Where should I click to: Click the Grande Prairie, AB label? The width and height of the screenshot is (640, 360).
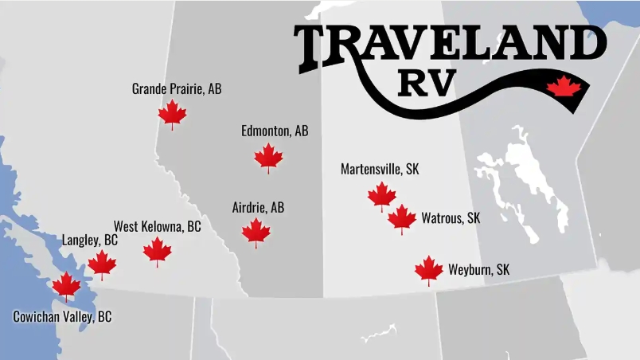click(177, 88)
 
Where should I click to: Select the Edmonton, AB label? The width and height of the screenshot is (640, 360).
click(275, 131)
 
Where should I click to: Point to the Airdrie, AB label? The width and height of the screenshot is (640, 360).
click(258, 207)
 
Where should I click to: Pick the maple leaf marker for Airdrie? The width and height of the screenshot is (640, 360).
click(256, 233)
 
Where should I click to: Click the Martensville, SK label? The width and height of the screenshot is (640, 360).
click(380, 169)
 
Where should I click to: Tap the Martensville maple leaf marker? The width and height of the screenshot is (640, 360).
click(382, 195)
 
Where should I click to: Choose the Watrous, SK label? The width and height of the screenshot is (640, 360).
click(451, 217)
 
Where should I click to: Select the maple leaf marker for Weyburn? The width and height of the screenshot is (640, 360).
click(429, 270)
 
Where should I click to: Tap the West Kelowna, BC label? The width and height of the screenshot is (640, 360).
click(157, 226)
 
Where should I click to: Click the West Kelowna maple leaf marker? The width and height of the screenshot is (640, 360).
click(158, 251)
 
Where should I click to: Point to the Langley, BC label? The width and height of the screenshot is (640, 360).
click(90, 240)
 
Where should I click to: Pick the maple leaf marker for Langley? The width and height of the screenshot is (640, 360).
click(102, 264)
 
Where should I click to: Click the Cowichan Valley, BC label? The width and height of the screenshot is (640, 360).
click(62, 316)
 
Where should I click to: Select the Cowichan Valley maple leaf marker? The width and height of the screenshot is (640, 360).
click(66, 285)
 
